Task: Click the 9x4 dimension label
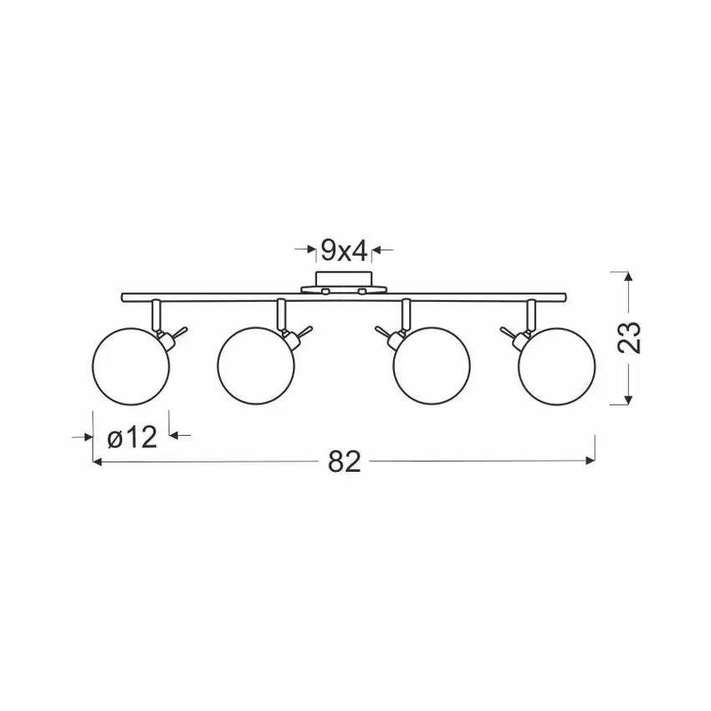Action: click(x=344, y=250)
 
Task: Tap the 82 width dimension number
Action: click(x=344, y=462)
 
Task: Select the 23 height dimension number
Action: click(x=629, y=337)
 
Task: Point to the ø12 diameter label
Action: click(x=132, y=437)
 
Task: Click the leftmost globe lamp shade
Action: click(x=130, y=366)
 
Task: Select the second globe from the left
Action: click(x=256, y=366)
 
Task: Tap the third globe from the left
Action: click(x=432, y=366)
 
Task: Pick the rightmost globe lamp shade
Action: click(x=557, y=366)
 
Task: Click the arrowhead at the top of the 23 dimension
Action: click(x=627, y=277)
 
